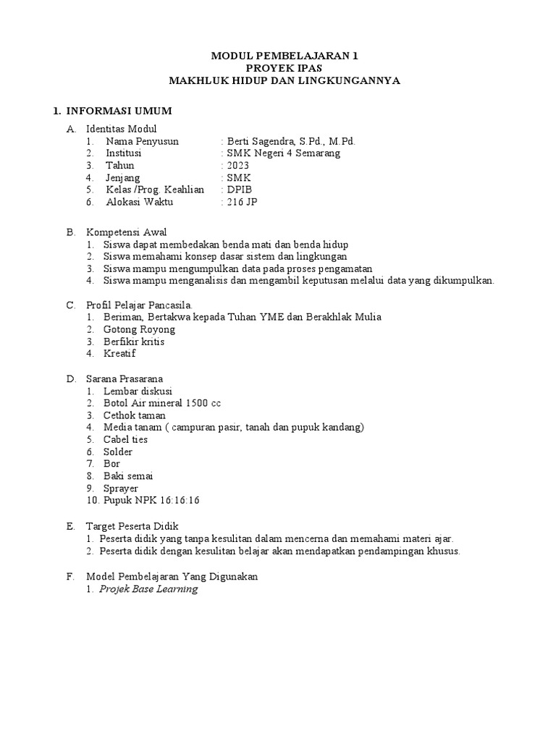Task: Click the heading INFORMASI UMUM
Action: [119, 111]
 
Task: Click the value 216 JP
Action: [242, 202]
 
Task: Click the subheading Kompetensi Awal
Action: [127, 232]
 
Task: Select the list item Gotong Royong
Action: [140, 329]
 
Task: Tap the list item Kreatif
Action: [119, 354]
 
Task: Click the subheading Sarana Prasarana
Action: [125, 378]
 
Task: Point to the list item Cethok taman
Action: [135, 415]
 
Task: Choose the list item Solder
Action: [118, 452]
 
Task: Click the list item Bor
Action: [112, 464]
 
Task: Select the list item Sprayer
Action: [121, 488]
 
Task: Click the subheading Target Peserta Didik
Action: [132, 526]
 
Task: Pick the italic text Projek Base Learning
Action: [148, 589]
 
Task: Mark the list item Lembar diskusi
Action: [138, 391]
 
